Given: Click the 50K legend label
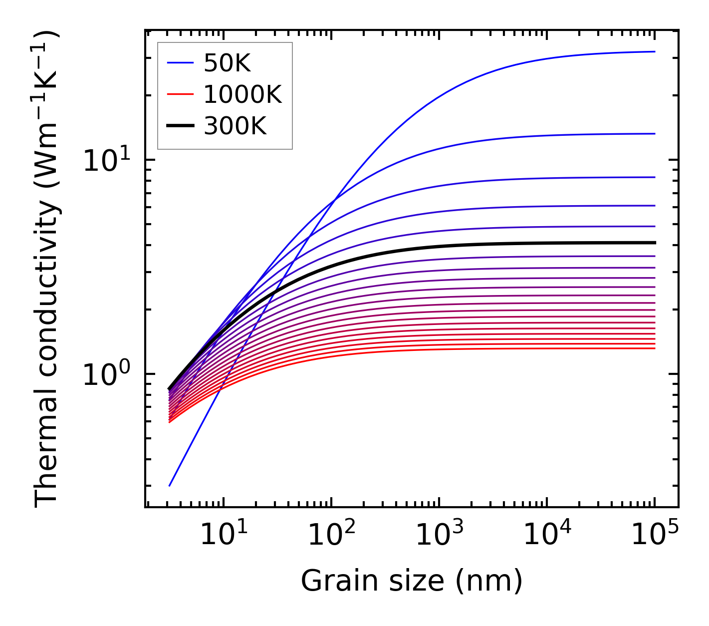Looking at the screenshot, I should coord(227,63).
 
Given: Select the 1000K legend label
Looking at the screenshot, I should coord(242,94).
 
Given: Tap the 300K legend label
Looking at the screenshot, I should coord(235,126).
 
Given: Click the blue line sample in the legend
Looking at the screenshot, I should coord(180,63).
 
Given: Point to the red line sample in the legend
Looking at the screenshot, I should coord(180,94).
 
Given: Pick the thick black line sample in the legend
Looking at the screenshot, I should coord(180,126).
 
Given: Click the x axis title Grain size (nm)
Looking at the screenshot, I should coord(412,581).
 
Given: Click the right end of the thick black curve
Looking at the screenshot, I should coord(654,243).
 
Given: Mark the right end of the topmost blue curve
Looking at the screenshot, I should coord(654,51).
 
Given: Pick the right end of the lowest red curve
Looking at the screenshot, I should coord(654,348).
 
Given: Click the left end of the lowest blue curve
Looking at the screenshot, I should coord(170,486).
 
